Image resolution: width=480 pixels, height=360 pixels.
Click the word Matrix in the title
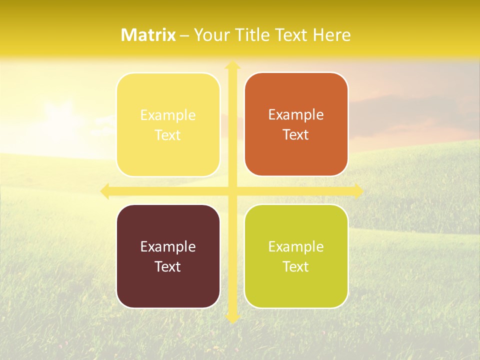148,35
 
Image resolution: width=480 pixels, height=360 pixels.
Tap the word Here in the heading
331,35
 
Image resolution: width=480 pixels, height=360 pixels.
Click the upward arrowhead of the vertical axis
232,65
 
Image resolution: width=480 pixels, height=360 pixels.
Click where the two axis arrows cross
232,191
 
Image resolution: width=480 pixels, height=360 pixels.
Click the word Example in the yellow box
168,115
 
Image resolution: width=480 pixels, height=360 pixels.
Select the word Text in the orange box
296,135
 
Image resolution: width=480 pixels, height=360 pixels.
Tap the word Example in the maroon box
168,246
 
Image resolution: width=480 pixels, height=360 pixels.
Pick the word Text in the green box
296,266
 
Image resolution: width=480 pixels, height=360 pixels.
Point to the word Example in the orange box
296,114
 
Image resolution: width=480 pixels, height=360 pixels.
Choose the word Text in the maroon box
168,266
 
